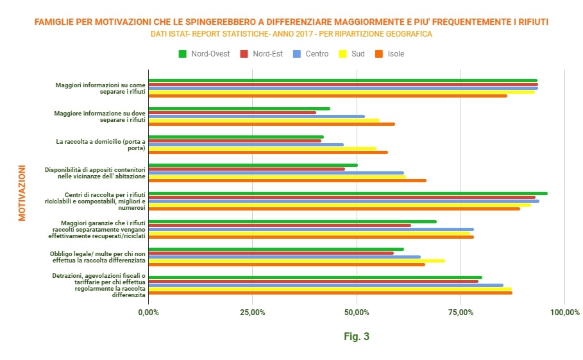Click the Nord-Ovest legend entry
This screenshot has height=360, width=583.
pos(204,54)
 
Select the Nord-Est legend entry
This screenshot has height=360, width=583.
pos(262,54)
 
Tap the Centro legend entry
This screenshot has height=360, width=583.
pos(311,54)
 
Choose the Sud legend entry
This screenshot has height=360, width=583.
pos(351,54)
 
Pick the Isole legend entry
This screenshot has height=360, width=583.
pos(390,54)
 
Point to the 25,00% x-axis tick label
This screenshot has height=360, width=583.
pos(253,313)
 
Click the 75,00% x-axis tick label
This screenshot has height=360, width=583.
pos(460,313)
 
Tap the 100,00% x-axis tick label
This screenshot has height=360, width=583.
pos(565,313)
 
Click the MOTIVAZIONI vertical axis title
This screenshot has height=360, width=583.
pos(22,193)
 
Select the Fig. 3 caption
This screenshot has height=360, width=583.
pos(357,336)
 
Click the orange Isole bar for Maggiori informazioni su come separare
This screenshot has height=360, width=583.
pos(328,96)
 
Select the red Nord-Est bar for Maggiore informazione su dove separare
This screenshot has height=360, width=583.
pos(232,113)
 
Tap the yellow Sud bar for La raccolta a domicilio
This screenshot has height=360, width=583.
pos(262,148)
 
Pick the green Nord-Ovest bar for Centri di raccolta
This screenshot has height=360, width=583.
pos(348,193)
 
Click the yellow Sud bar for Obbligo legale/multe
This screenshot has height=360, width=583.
pos(297,261)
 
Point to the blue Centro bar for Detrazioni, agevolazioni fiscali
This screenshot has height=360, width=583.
pos(326,286)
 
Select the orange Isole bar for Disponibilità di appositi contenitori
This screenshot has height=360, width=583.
pos(287,181)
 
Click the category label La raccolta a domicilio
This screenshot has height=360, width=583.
pos(101,144)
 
